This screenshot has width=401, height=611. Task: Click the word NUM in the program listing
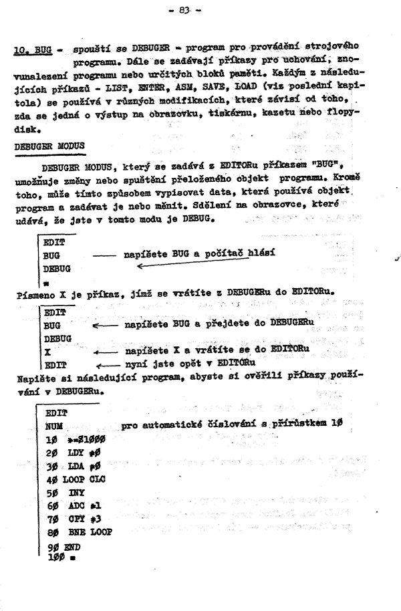[55, 426]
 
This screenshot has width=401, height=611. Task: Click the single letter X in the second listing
[48, 351]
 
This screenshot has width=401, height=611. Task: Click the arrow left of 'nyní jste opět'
[109, 365]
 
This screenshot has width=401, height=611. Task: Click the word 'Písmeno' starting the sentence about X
[34, 294]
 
